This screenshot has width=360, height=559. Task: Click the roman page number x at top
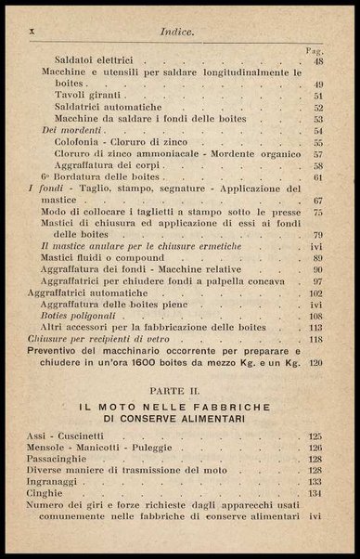(x=32, y=30)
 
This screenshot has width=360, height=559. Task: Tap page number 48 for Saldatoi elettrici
(x=317, y=62)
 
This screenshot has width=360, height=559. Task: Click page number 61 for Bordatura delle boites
(x=317, y=176)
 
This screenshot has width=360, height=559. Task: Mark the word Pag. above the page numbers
(x=314, y=50)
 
